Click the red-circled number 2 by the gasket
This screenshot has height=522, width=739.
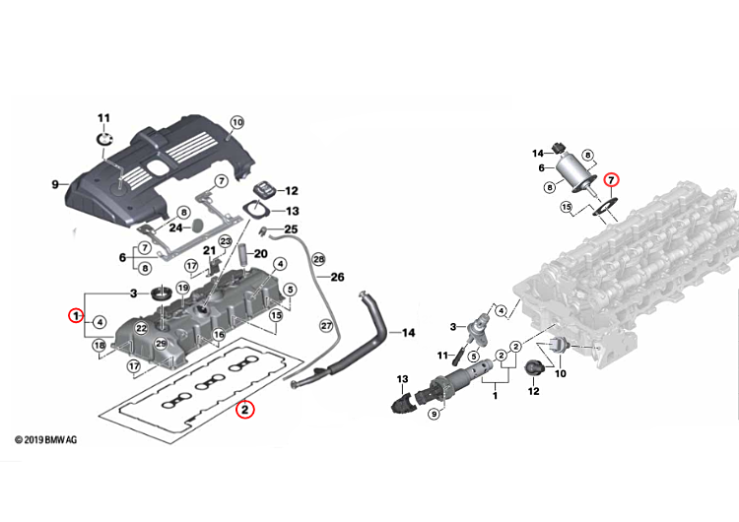click(244, 409)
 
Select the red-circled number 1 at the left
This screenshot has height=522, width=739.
click(76, 315)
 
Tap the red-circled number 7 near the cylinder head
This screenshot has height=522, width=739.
click(611, 180)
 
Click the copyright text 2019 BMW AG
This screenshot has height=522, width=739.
click(45, 440)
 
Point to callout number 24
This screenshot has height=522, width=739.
click(175, 228)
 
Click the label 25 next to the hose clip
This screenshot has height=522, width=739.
click(292, 229)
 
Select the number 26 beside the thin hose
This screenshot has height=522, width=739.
click(337, 277)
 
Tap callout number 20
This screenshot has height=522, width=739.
click(261, 254)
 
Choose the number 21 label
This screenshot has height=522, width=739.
click(209, 250)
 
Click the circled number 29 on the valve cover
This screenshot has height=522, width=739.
click(162, 344)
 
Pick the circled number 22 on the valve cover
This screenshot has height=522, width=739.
click(141, 328)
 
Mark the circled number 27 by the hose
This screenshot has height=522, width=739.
click(326, 326)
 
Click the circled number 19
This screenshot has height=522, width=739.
click(183, 288)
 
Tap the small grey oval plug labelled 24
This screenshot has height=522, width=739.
click(198, 225)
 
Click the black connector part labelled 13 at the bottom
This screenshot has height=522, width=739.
click(402, 404)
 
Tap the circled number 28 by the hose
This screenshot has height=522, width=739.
click(319, 259)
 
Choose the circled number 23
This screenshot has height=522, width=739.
click(226, 241)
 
